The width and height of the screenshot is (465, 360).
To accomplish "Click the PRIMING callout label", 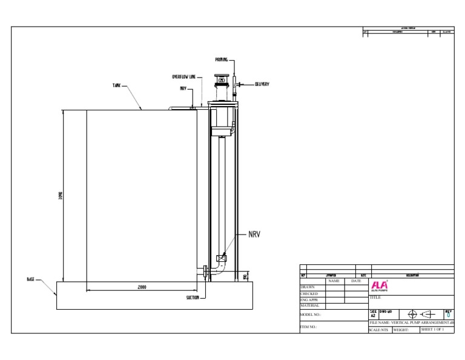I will [222, 59].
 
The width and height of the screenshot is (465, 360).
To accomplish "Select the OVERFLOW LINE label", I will [183, 77].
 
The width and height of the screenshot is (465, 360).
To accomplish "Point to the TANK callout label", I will [116, 86].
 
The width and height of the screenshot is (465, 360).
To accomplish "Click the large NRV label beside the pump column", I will [254, 234].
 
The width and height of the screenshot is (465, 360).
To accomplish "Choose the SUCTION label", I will [192, 298].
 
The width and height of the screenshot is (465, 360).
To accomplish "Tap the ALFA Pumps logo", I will [380, 286].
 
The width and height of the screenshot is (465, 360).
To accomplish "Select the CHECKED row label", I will [309, 294].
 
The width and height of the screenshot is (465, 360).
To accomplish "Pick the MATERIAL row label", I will [309, 305].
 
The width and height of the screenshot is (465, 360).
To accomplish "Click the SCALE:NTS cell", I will [379, 330].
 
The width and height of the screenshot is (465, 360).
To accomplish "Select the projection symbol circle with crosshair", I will [413, 314].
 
